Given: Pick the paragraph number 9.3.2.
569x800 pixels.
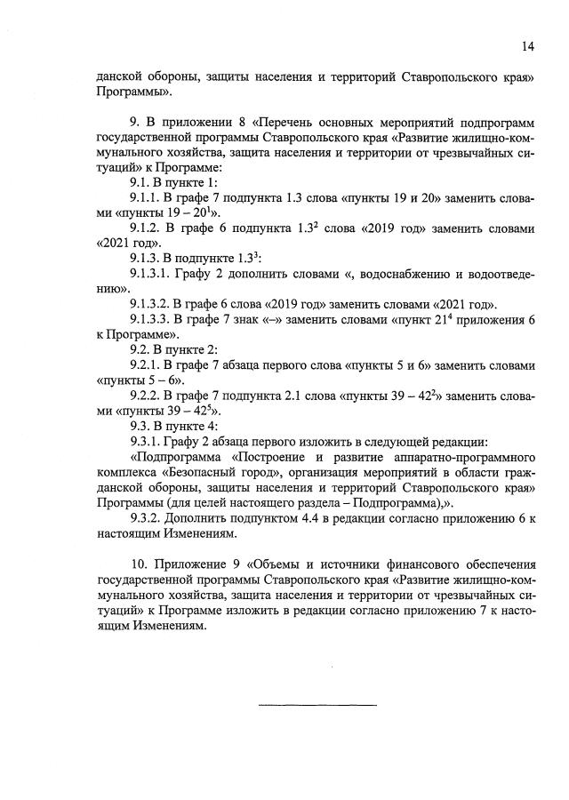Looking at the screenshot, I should pos(148,521).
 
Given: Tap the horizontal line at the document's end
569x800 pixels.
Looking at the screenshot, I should pos(317,705).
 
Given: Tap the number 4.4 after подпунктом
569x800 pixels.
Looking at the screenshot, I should pos(308,521).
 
